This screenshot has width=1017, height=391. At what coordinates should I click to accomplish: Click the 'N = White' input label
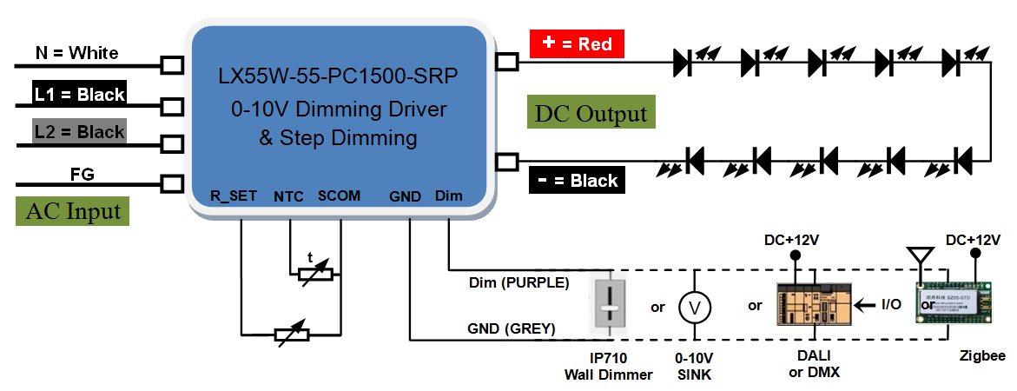(x=76, y=53)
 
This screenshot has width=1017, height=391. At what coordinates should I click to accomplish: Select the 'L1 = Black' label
(x=79, y=94)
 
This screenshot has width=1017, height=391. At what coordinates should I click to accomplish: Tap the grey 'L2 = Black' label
(x=79, y=132)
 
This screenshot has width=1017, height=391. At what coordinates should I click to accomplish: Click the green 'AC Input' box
(x=72, y=211)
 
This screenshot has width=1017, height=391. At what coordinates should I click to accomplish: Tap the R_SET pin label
(x=234, y=196)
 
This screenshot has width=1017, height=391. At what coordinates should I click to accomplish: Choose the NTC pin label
(x=288, y=196)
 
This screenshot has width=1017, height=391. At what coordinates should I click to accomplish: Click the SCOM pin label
(x=339, y=196)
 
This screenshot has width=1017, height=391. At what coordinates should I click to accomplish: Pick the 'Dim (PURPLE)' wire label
(x=519, y=282)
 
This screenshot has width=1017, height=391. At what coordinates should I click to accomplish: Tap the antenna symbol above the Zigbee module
(x=915, y=257)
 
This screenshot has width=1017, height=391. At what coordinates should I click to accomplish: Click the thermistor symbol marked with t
(x=314, y=272)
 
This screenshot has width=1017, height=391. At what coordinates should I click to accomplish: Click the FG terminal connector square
(x=173, y=183)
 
